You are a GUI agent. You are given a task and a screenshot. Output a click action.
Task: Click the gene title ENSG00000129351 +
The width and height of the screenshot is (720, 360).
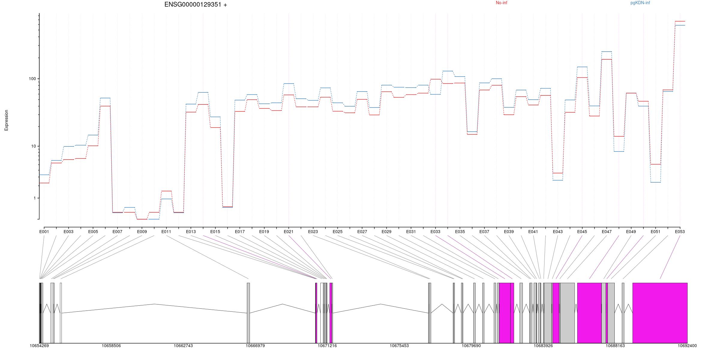point(196,4)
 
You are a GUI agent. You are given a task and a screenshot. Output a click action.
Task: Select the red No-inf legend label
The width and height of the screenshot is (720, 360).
point(502,3)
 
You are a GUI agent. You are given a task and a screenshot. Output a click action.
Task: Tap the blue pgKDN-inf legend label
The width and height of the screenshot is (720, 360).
point(640,3)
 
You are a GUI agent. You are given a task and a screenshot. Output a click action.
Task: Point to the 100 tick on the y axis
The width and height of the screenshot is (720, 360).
point(32,79)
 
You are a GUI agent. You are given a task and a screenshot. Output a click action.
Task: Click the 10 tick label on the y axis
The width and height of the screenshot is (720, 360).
point(33,146)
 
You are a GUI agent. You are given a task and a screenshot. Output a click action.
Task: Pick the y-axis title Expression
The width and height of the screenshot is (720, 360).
point(6,120)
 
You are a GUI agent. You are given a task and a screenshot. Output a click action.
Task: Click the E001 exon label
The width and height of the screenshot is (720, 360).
point(44,232)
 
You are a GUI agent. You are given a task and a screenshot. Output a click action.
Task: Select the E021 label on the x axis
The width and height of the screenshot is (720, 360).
point(289,232)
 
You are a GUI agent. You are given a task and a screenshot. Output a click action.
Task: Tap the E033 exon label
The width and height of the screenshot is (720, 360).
point(435,232)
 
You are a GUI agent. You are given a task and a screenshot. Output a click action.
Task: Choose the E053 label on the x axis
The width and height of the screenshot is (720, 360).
point(680,232)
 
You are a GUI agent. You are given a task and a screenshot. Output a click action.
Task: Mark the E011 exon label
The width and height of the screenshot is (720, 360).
point(166,232)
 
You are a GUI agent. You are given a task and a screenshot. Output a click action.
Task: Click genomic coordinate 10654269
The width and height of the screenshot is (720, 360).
point(39,346)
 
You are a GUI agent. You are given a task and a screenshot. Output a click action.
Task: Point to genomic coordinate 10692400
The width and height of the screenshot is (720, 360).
point(687,346)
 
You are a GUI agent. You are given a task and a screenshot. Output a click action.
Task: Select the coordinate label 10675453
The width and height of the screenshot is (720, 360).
point(399,346)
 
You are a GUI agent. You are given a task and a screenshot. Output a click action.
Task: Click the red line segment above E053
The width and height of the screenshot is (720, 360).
point(680,21)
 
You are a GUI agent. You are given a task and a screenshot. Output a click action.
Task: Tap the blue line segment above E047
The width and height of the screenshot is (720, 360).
point(607,52)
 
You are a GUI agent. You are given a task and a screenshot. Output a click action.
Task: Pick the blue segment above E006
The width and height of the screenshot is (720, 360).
point(105,98)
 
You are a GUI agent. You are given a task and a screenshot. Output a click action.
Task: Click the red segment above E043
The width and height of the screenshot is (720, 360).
point(558,173)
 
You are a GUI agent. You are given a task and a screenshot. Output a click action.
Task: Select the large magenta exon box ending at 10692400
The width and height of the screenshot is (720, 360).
point(660,313)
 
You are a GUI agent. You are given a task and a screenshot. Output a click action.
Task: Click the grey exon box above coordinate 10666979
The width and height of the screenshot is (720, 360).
point(248,313)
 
